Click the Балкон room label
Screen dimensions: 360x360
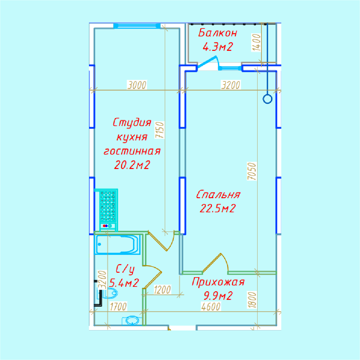coord(217,33)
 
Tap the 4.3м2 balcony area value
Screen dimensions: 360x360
coord(218,47)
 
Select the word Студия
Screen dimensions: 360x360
coord(132,122)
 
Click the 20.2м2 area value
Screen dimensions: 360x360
coord(132,165)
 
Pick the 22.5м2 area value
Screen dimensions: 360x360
coord(218,209)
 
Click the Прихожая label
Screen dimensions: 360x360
coord(218,282)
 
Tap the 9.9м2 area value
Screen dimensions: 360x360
coord(218,296)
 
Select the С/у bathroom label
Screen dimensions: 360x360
coord(125,269)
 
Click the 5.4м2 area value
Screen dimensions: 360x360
coord(124,283)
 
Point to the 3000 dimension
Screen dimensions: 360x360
coord(137,85)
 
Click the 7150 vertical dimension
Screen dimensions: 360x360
coord(160,130)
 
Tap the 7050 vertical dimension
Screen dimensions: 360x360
coord(252,171)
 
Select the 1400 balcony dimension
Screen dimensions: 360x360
coord(256,43)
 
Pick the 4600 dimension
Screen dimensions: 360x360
coord(211,307)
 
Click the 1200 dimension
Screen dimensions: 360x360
coord(162,290)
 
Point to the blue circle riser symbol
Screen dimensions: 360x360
coord(268,99)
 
